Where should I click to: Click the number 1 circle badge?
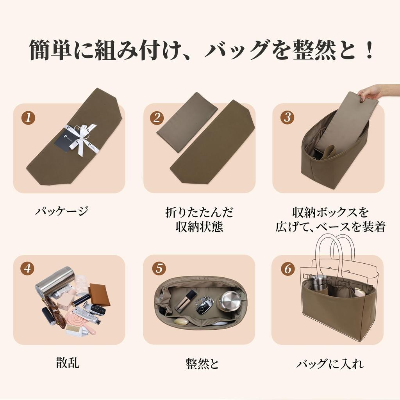click(28, 118)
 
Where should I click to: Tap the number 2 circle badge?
click(157, 118)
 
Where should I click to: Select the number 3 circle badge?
click(287, 118)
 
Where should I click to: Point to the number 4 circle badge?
click(28, 269)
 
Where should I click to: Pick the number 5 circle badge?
click(159, 269)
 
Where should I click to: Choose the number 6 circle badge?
click(287, 269)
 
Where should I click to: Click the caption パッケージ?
click(62, 212)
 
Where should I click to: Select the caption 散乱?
click(67, 363)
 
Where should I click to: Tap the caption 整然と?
click(202, 364)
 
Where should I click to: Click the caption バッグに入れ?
click(330, 364)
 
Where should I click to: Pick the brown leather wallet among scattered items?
click(99, 295)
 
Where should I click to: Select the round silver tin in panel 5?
click(229, 301)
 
